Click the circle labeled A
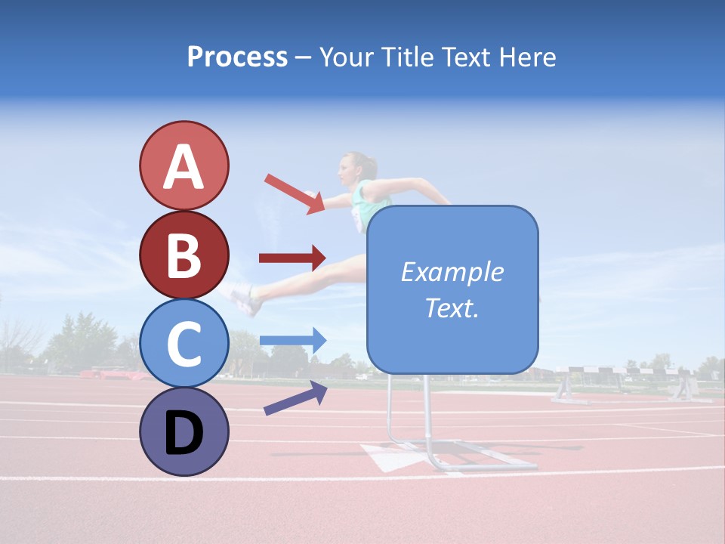coord(184,165)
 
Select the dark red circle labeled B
coord(184,255)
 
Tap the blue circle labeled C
coord(184,344)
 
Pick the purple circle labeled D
coord(184,431)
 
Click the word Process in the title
coord(237,57)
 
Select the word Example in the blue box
coord(452,272)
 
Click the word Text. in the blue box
coord(452,308)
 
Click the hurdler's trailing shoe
coord(245,300)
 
